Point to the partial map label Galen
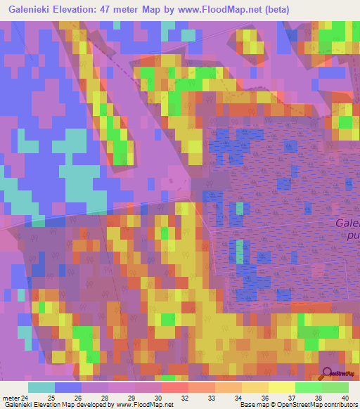coord(347,223)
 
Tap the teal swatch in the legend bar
coord(41,387)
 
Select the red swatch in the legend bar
coord(174,387)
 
